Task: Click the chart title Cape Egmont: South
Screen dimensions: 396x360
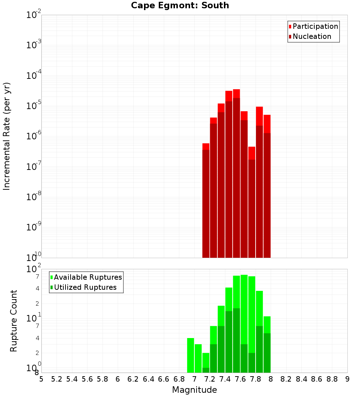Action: (x=180, y=5)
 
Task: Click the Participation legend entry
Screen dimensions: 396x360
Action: (x=315, y=27)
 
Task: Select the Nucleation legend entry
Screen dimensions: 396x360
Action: (x=312, y=37)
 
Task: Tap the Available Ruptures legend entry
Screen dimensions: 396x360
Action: (x=88, y=278)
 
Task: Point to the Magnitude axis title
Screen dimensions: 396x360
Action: (x=194, y=390)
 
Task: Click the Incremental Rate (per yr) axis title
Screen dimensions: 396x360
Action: (x=7, y=136)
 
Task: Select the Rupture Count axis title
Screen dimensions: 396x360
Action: (x=14, y=321)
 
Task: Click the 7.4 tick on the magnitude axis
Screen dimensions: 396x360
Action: (x=225, y=379)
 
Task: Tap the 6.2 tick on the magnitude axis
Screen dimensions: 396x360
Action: (x=133, y=379)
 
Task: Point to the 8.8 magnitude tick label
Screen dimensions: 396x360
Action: (x=332, y=379)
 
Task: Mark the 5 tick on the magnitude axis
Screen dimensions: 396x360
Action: (x=41, y=379)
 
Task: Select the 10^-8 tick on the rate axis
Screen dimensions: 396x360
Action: (x=34, y=197)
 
